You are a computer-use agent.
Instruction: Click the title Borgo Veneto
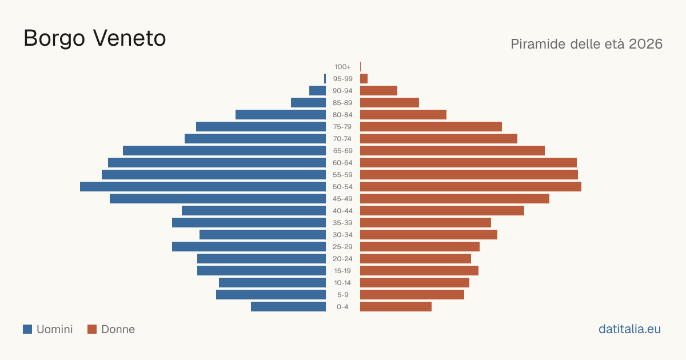[x=95, y=39]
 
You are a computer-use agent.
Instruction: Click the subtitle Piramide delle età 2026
[x=587, y=44]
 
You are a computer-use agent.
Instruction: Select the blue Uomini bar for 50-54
[x=203, y=187]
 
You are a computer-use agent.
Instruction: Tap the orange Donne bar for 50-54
[x=470, y=187]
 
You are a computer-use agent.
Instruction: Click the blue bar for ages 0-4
[x=288, y=307]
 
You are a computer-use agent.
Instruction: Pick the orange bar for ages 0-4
[x=396, y=307]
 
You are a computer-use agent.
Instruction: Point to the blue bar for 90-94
[x=317, y=91]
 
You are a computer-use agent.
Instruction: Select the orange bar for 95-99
[x=364, y=79]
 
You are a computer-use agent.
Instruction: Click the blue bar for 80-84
[x=281, y=115]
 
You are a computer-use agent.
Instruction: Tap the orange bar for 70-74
[x=438, y=139]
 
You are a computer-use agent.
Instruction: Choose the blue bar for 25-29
[x=249, y=247]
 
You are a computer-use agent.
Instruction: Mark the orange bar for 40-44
[x=442, y=211]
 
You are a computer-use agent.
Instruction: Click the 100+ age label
[x=342, y=67]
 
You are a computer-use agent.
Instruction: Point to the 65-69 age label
[x=342, y=151]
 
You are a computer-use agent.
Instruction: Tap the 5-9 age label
[x=342, y=295]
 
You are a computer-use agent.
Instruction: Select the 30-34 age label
[x=342, y=235]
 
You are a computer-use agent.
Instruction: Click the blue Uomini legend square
[x=27, y=329]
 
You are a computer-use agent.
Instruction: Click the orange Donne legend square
[x=92, y=329]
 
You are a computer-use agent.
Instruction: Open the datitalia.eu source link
[x=629, y=329]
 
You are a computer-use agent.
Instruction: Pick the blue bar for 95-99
[x=325, y=79]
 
